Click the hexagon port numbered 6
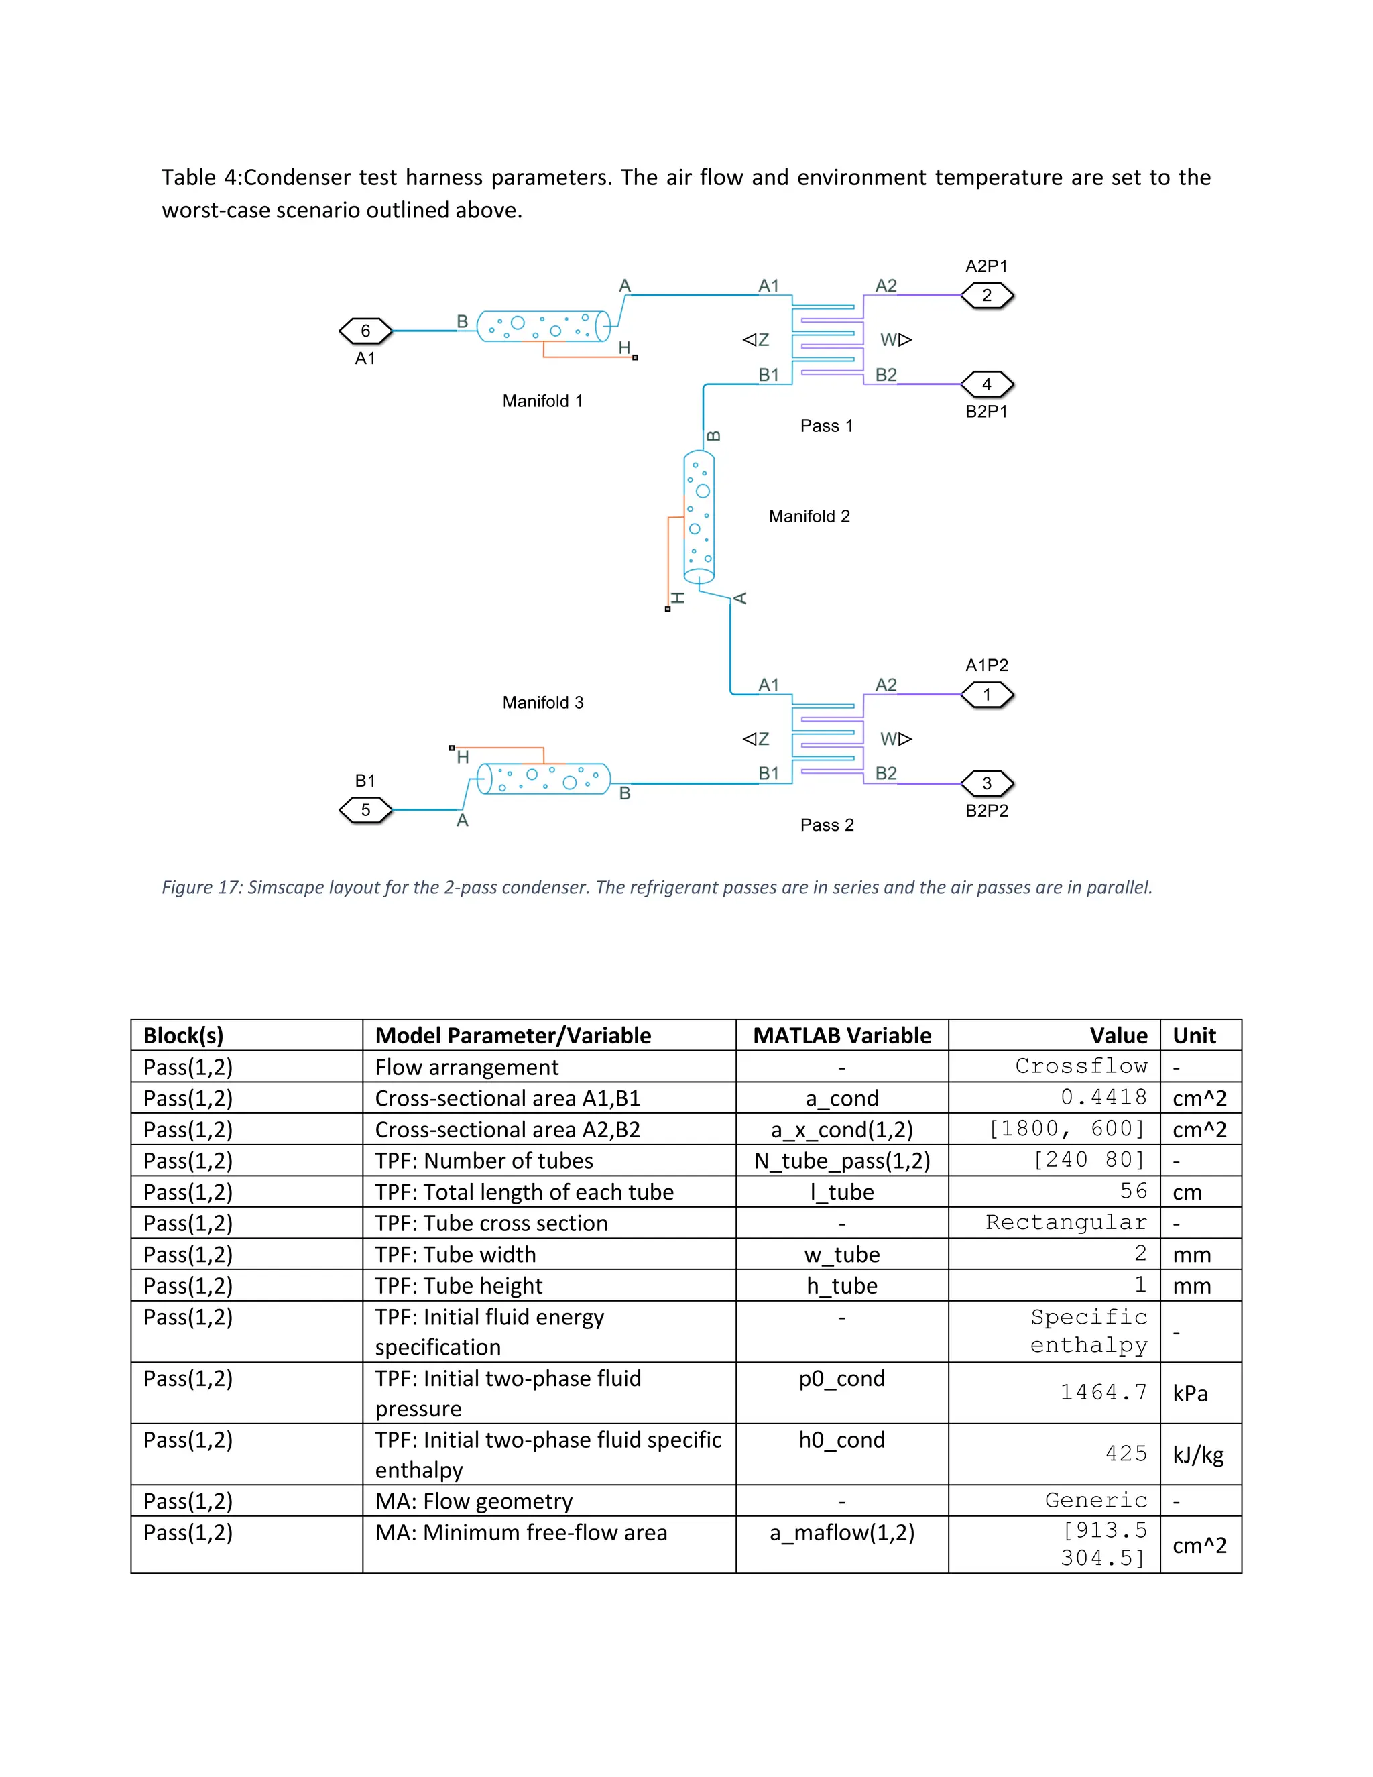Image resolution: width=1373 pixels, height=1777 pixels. [x=365, y=331]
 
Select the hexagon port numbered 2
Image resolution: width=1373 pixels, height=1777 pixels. [x=987, y=295]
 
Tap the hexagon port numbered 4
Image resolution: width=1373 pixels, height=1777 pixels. [x=987, y=384]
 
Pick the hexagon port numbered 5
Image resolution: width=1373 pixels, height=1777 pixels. [x=365, y=809]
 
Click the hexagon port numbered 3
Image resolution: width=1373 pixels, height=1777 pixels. [x=987, y=783]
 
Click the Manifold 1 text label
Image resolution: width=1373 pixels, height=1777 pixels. [x=542, y=401]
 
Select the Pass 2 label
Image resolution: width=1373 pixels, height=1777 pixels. [x=827, y=825]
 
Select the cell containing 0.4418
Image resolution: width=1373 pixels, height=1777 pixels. [x=1103, y=1098]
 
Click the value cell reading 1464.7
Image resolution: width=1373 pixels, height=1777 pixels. [x=1103, y=1393]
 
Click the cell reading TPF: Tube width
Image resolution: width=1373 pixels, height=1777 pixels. [x=455, y=1255]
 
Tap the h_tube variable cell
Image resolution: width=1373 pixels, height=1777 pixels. [x=842, y=1286]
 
